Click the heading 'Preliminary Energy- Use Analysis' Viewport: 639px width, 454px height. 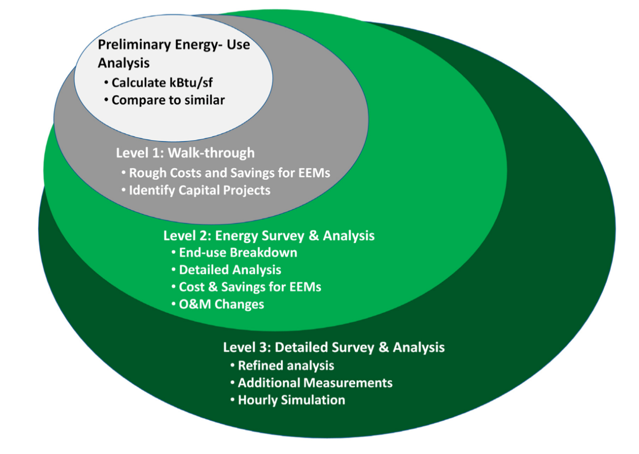click(x=174, y=54)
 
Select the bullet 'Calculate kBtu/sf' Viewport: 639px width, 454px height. click(x=159, y=83)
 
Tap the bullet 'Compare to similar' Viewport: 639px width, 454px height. click(x=165, y=100)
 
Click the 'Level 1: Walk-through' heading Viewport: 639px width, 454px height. click(x=185, y=153)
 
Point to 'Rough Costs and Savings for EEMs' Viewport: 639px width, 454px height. click(x=226, y=173)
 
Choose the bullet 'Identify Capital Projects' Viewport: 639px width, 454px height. click(x=196, y=190)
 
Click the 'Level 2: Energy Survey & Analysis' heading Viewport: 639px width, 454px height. click(x=269, y=236)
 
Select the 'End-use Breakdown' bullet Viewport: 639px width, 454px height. click(x=234, y=253)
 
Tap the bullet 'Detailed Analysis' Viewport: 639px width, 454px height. click(x=226, y=270)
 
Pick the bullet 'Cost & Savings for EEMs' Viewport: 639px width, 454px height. click(x=246, y=287)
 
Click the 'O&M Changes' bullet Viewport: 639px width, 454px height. click(x=218, y=304)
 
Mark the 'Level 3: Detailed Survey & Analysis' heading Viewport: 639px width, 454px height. click(x=334, y=347)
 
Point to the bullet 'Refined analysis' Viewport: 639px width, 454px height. click(x=282, y=366)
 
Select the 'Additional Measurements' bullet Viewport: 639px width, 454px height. click(x=311, y=383)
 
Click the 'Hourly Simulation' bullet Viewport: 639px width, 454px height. click(x=288, y=400)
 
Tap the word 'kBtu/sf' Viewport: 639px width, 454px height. click(x=191, y=83)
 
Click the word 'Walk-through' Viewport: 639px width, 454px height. click(x=211, y=153)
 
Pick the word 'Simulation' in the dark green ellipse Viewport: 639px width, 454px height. click(x=313, y=400)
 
